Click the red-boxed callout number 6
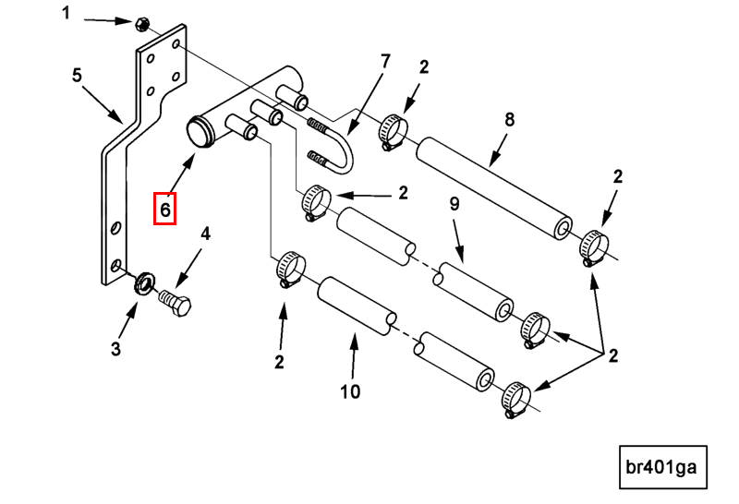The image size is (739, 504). coord(164,209)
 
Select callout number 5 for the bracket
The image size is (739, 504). coord(78,75)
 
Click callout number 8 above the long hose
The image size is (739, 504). coord(508,119)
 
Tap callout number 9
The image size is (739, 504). coord(454,205)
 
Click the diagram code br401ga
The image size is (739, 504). coord(661,469)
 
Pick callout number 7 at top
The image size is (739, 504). coord(385,61)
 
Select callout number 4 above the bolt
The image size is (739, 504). coord(205,234)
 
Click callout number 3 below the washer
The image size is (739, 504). coord(115,349)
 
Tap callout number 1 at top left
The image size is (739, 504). coord(66,12)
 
